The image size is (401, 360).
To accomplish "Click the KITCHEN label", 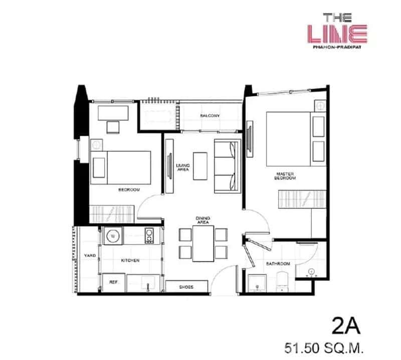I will coord(130,261).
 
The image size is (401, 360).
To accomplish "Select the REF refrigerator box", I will coord(113,283).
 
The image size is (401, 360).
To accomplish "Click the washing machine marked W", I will coord(113,235).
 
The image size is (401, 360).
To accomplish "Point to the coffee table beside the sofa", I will coord(201,166).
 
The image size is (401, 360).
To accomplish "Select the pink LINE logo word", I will coord(337,34).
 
